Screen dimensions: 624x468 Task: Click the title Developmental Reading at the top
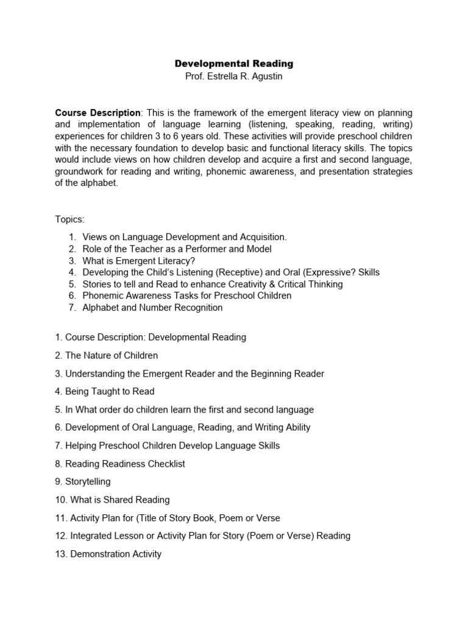234,63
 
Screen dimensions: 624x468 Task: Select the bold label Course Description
97,113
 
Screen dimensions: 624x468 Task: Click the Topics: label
70,219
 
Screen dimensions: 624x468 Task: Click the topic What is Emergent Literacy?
139,260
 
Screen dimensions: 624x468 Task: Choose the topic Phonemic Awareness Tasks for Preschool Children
186,296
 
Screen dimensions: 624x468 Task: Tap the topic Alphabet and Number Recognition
152,308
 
